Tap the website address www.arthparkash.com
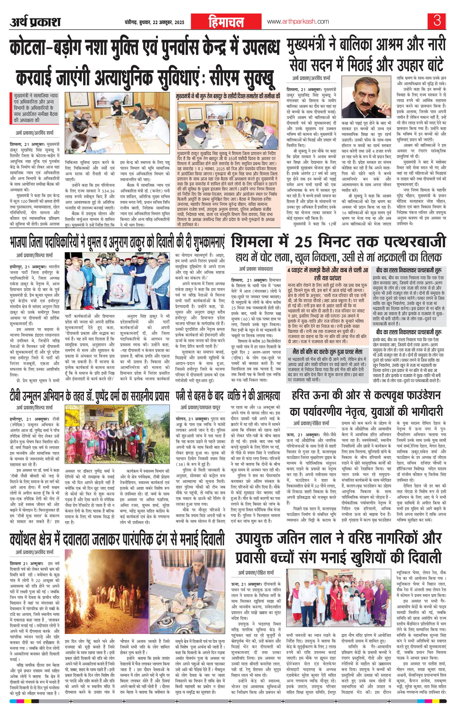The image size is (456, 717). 298,22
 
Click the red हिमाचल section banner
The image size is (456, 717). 227,22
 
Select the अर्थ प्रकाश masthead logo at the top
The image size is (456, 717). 35,22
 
